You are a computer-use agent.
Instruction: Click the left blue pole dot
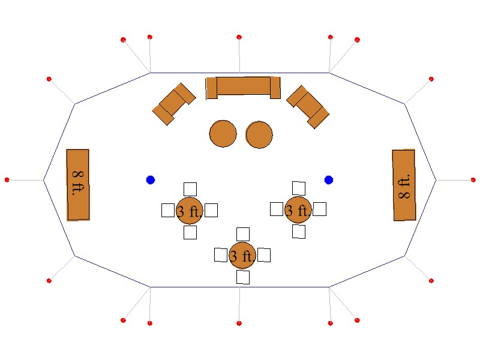151,180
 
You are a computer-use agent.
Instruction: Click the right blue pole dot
329,180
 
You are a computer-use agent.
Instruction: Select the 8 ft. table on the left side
78,185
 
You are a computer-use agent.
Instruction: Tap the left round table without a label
223,134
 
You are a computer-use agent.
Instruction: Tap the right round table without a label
259,135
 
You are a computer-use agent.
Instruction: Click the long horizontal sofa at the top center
243,86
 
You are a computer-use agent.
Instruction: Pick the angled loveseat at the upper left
174,104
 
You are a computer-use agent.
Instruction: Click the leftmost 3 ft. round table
190,211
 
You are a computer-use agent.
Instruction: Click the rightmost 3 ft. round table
298,209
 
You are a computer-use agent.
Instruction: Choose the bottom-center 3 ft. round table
242,256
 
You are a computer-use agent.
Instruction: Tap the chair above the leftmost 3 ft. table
190,189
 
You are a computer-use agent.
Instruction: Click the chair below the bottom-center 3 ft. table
243,277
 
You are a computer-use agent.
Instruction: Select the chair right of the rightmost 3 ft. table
319,209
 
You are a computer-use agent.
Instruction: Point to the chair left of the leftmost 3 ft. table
168,211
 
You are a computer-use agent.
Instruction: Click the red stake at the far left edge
7,180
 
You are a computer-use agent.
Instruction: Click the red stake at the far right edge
473,180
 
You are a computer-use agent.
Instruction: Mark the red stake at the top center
239,37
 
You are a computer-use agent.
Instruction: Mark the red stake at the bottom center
239,323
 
